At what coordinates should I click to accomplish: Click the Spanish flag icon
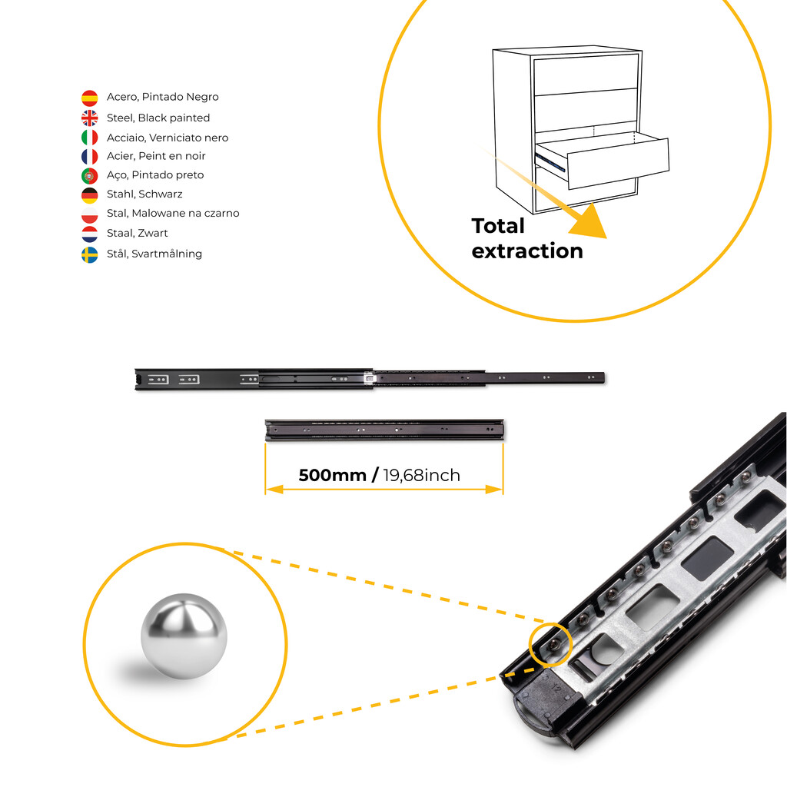coord(90,98)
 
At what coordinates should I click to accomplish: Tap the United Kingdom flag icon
coord(90,118)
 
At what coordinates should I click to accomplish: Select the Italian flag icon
coord(90,138)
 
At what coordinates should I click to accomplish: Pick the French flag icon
coord(90,156)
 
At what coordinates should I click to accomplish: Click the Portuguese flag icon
coord(90,175)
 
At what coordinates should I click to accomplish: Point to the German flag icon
coord(90,194)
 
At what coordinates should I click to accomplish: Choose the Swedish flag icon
coord(90,254)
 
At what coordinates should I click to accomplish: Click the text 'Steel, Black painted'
coord(158,118)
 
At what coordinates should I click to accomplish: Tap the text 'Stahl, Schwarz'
coord(144,194)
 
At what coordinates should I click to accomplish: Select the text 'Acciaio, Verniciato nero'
coord(168,138)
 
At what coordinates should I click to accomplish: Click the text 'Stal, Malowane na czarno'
coord(173,213)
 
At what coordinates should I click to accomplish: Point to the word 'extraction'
coord(527,251)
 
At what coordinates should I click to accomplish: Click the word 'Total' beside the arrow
coord(498,226)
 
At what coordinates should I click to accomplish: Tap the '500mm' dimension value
coord(332,475)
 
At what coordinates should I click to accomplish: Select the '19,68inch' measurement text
coord(422,475)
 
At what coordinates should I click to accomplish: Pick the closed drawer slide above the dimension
coord(384,430)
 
